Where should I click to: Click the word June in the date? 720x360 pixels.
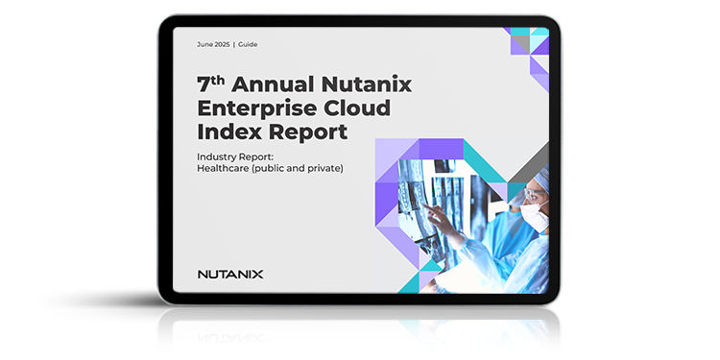(205, 45)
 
